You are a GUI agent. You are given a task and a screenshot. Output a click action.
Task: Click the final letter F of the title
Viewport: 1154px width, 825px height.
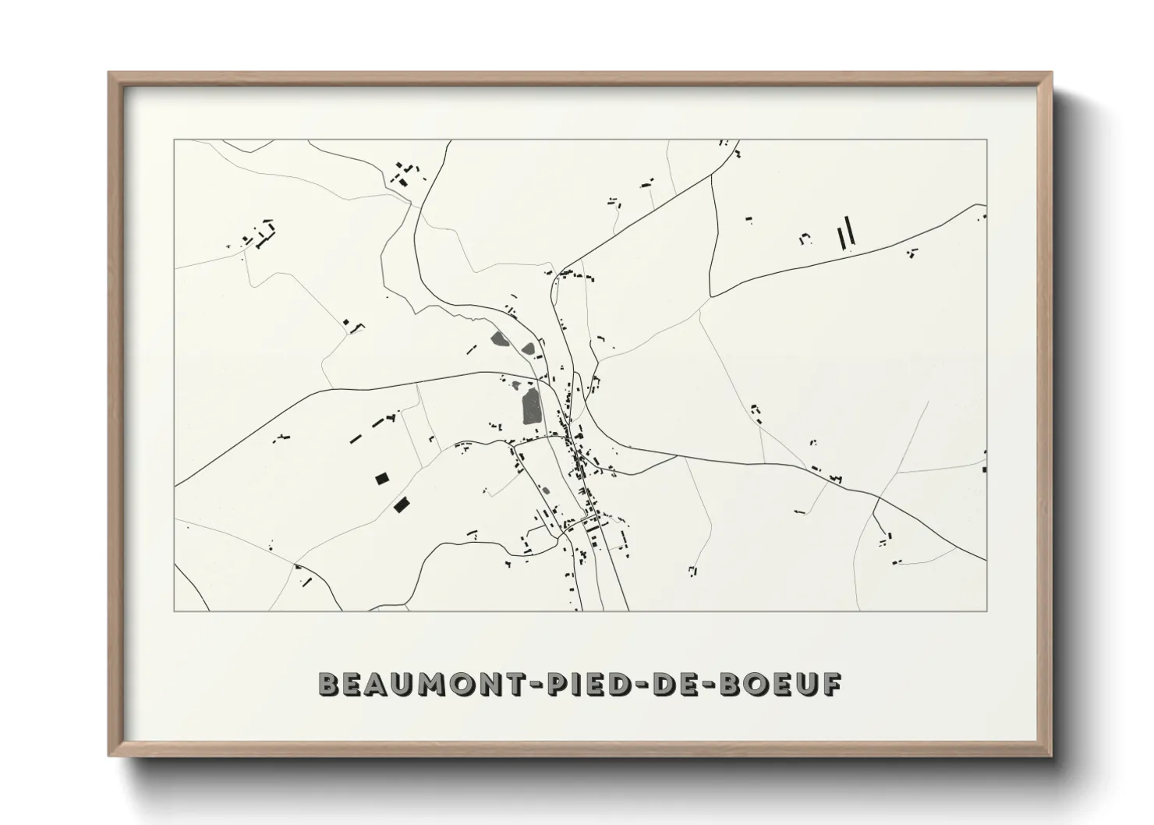point(833,685)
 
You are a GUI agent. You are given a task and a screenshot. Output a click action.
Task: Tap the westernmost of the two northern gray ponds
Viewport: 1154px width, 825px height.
point(499,339)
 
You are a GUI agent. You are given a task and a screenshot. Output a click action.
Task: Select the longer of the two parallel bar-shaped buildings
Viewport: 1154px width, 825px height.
point(850,230)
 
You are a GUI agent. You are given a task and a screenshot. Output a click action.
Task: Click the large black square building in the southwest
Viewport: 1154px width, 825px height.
point(382,479)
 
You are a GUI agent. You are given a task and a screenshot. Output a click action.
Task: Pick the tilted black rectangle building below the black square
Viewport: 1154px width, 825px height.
point(402,505)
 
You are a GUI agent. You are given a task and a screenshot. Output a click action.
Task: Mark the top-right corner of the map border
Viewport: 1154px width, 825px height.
point(987,140)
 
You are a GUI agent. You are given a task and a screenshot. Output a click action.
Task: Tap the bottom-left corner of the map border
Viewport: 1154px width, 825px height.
point(175,611)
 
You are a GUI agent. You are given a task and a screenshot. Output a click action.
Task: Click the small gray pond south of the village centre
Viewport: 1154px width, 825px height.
point(546,490)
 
